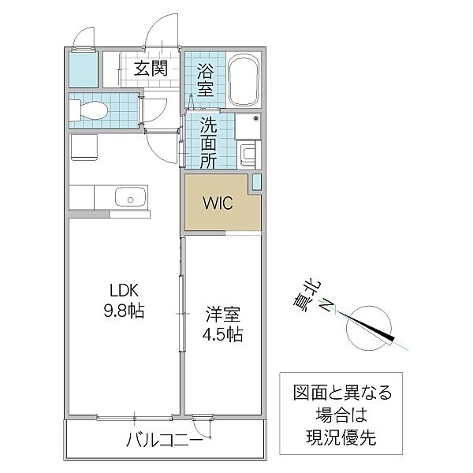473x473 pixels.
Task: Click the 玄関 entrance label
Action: coord(150,68)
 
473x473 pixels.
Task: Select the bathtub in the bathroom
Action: coord(245,80)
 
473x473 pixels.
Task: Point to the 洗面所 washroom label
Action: coord(208,142)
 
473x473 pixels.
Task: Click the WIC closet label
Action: coord(217,203)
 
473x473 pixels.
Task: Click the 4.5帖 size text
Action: coord(221,333)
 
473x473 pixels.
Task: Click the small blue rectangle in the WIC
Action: coord(257,183)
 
